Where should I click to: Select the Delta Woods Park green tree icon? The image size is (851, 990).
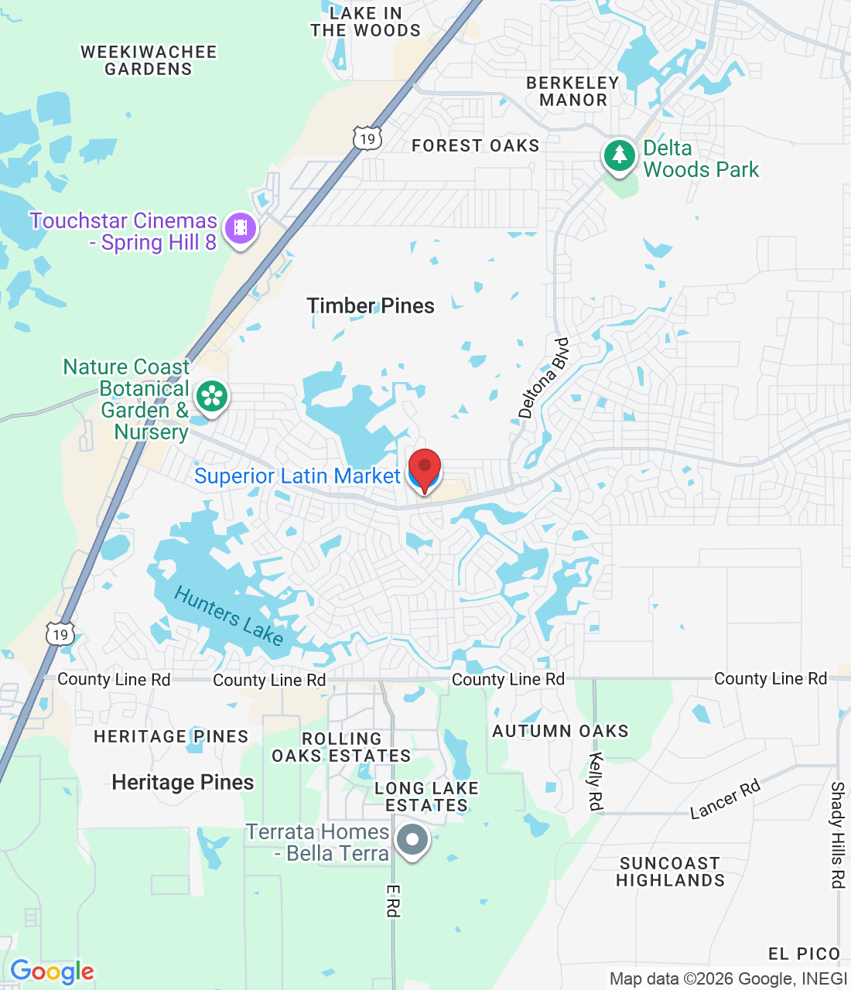pyautogui.click(x=619, y=155)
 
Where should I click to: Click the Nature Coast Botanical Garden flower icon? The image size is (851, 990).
pyautogui.click(x=211, y=397)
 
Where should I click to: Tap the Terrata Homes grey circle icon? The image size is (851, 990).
pyautogui.click(x=412, y=840)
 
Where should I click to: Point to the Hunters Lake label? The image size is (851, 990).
pyautogui.click(x=229, y=616)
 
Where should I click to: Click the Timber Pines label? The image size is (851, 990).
pyautogui.click(x=371, y=306)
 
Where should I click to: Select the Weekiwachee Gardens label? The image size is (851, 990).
pyautogui.click(x=149, y=60)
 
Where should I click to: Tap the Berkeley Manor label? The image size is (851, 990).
pyautogui.click(x=572, y=91)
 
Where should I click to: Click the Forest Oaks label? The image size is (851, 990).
pyautogui.click(x=475, y=145)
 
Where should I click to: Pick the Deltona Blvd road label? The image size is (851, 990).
pyautogui.click(x=543, y=378)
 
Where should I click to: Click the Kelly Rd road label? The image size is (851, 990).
pyautogui.click(x=595, y=781)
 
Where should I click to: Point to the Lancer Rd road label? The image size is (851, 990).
pyautogui.click(x=725, y=799)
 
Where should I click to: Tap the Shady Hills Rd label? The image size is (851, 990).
pyautogui.click(x=837, y=835)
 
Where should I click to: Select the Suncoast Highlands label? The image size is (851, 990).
pyautogui.click(x=670, y=872)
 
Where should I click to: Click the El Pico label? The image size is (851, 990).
pyautogui.click(x=804, y=954)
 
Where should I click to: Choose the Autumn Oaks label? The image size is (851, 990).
pyautogui.click(x=560, y=731)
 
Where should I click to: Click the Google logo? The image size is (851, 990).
pyautogui.click(x=52, y=971)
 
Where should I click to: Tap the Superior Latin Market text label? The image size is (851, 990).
pyautogui.click(x=297, y=476)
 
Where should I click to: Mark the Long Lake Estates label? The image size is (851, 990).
pyautogui.click(x=426, y=797)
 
